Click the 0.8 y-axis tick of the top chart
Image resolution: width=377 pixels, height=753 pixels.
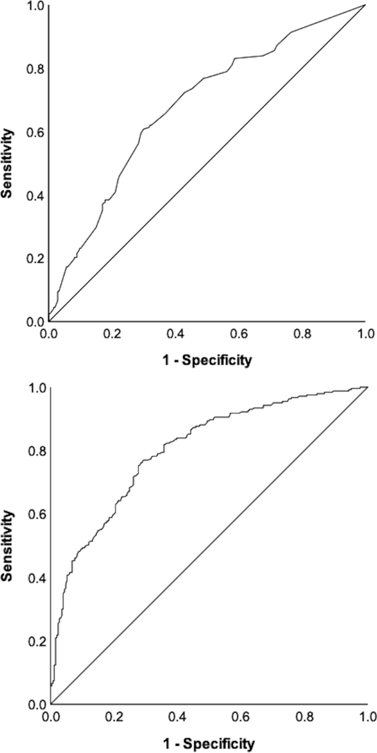(x=36, y=69)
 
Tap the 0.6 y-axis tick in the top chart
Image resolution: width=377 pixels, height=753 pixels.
(x=36, y=132)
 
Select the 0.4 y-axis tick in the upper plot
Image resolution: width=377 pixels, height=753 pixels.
(x=36, y=195)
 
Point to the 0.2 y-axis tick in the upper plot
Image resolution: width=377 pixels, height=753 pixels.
(x=36, y=259)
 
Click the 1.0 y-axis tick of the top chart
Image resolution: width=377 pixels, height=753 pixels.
(x=36, y=6)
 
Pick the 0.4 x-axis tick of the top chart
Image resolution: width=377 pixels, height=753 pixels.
(x=176, y=333)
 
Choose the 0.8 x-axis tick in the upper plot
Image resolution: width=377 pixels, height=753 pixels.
(x=302, y=333)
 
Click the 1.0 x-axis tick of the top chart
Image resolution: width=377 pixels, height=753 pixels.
(x=365, y=333)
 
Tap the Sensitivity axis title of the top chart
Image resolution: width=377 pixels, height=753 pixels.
(x=8, y=163)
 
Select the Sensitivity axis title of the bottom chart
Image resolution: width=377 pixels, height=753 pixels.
(x=8, y=546)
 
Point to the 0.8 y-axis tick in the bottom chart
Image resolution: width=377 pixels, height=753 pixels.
(x=36, y=451)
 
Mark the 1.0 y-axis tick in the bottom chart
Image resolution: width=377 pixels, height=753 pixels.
(x=36, y=388)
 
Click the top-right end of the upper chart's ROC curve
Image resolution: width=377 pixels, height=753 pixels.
(x=365, y=5)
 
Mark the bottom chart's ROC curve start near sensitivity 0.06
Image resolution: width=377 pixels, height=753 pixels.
(x=51, y=685)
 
